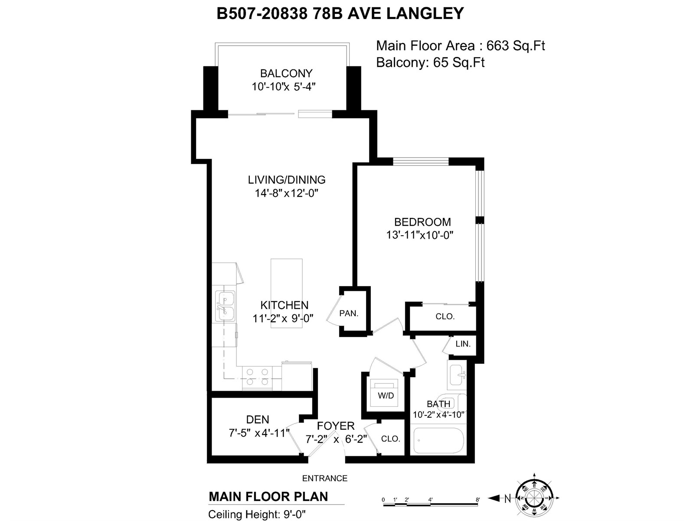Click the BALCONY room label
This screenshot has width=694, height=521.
286,73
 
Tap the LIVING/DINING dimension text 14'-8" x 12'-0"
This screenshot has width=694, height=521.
286,193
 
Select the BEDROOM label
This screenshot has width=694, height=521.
422,222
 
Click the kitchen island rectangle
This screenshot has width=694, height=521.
286,293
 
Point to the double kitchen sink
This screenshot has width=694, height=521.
225,306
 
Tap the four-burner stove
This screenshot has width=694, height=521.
257,377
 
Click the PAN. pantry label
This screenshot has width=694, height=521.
349,313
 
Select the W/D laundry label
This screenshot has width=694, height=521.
386,396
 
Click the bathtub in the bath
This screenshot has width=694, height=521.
439,440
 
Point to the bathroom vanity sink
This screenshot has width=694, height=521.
457,375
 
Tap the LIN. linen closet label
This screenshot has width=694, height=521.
463,344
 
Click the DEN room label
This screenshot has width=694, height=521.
258,420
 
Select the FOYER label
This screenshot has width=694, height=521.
336,426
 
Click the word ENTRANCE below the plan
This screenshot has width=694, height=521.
325,478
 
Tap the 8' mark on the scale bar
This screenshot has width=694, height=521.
478,500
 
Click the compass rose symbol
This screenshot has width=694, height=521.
534,498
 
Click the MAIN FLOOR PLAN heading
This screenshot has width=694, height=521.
268,497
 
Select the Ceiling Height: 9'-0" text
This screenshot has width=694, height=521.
257,514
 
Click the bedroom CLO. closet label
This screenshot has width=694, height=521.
445,317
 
